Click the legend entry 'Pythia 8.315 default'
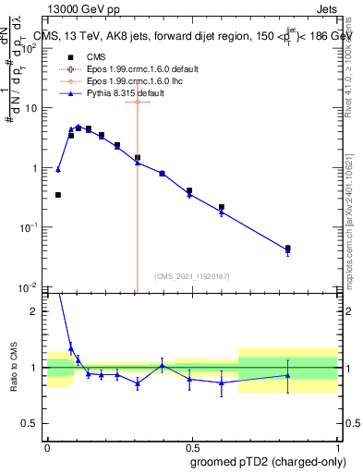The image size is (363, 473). [109, 93]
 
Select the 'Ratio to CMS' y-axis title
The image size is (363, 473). [13, 370]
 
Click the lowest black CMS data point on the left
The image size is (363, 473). [58, 195]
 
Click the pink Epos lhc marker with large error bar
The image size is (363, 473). [138, 102]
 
